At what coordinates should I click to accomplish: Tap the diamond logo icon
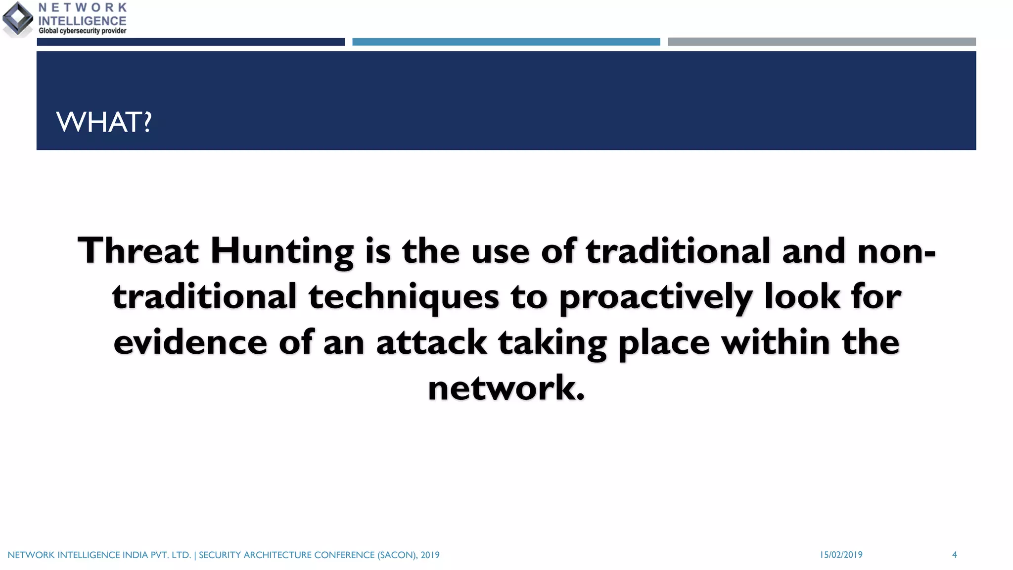point(18,19)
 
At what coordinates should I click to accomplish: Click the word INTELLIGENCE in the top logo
point(82,21)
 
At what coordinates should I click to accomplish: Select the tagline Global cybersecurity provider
point(82,31)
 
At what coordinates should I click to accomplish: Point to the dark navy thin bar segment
point(190,42)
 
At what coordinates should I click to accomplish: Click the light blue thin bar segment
point(506,42)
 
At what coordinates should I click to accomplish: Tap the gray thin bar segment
point(822,42)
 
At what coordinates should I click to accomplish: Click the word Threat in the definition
point(138,250)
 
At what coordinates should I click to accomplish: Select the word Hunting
point(282,251)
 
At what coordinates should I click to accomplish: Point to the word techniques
point(404,297)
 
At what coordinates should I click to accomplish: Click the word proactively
point(656,297)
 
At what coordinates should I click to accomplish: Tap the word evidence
point(190,342)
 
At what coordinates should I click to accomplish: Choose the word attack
point(431,342)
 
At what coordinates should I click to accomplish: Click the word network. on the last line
point(506,388)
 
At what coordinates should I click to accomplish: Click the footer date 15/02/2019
point(841,555)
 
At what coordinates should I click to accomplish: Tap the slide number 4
point(954,555)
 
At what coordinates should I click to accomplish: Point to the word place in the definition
point(664,342)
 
